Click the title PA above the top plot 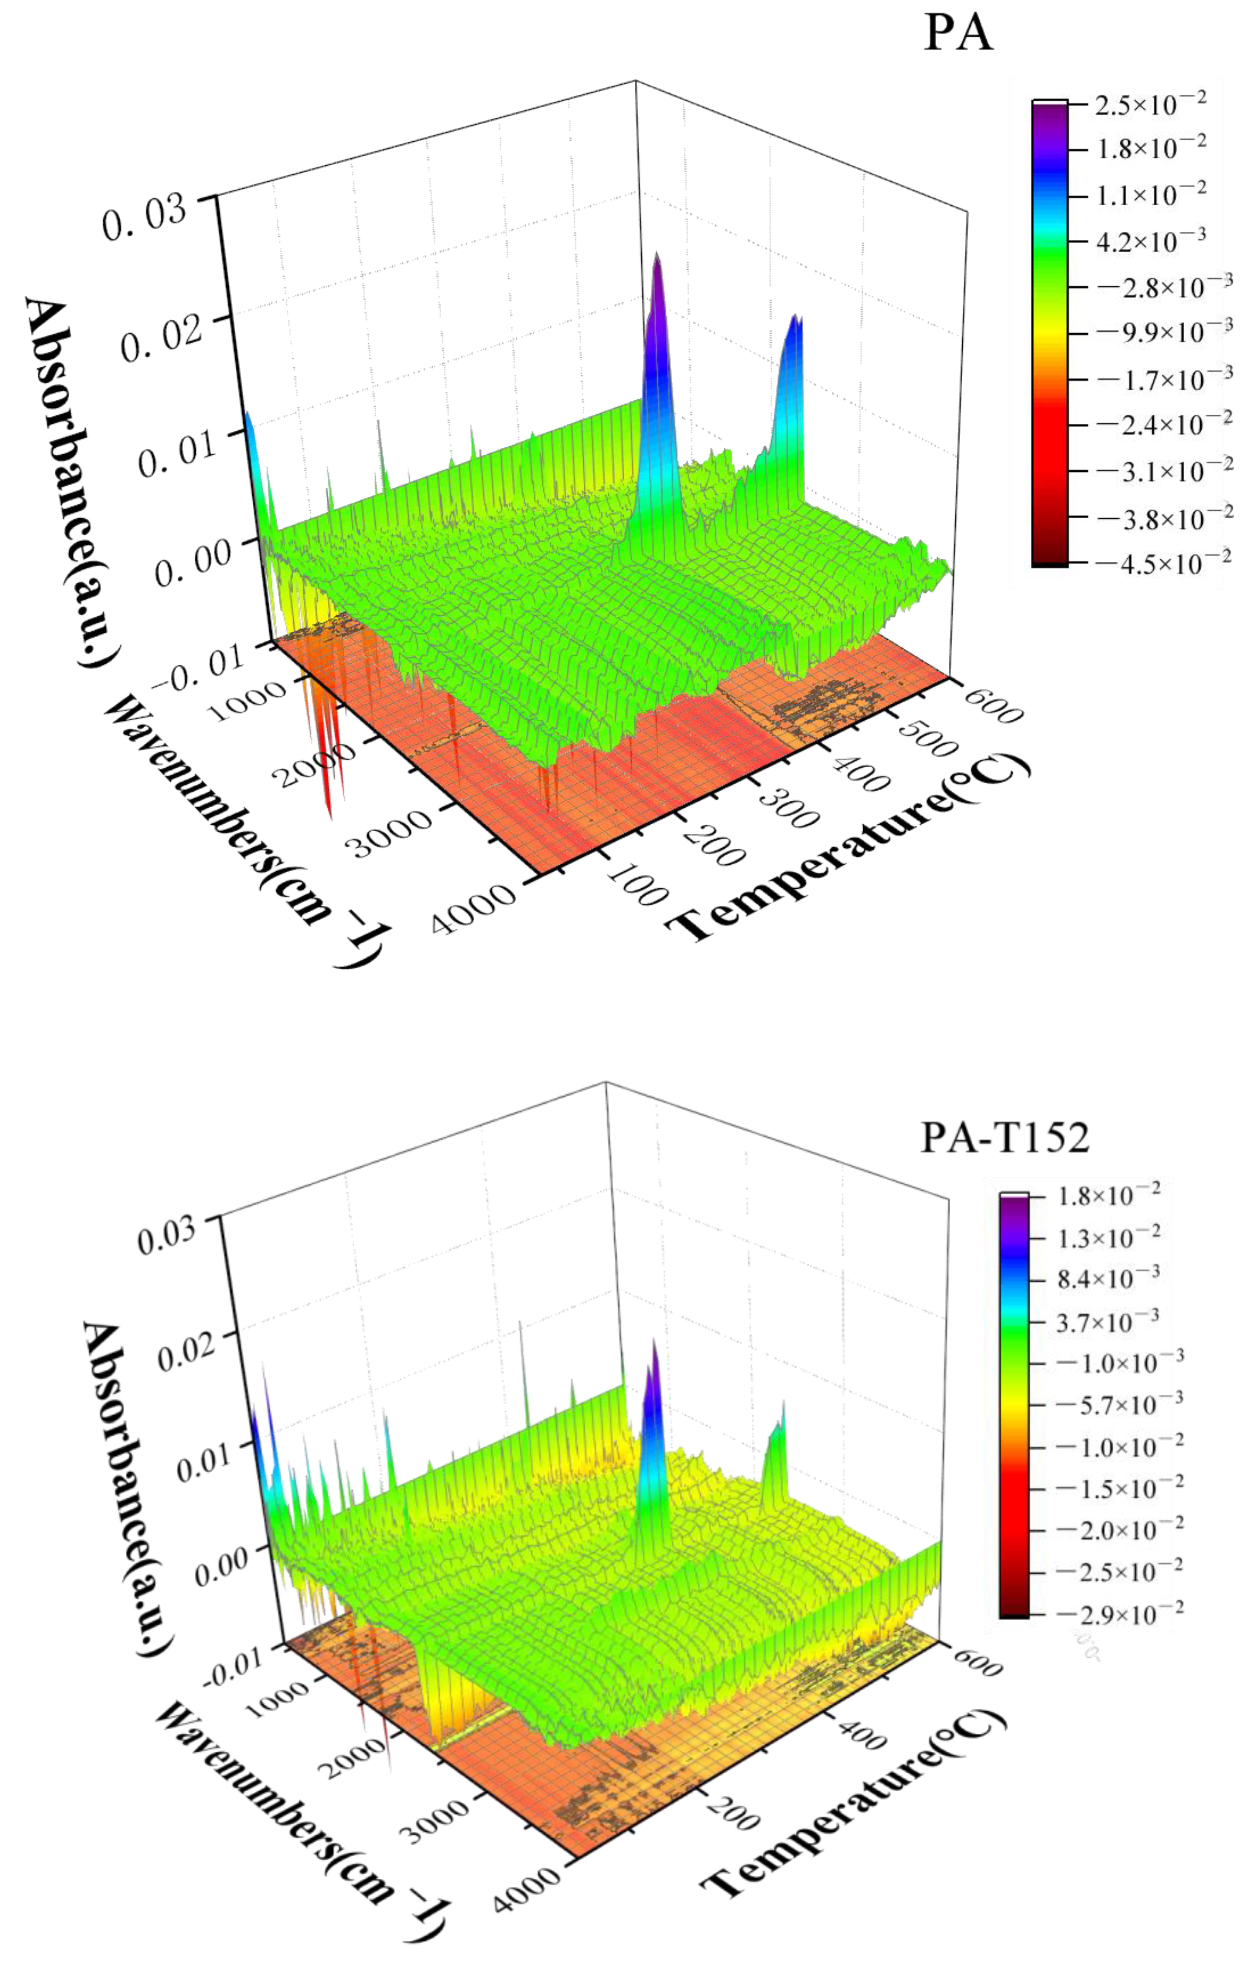coord(958,34)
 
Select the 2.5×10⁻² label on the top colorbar coord(1150,104)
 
